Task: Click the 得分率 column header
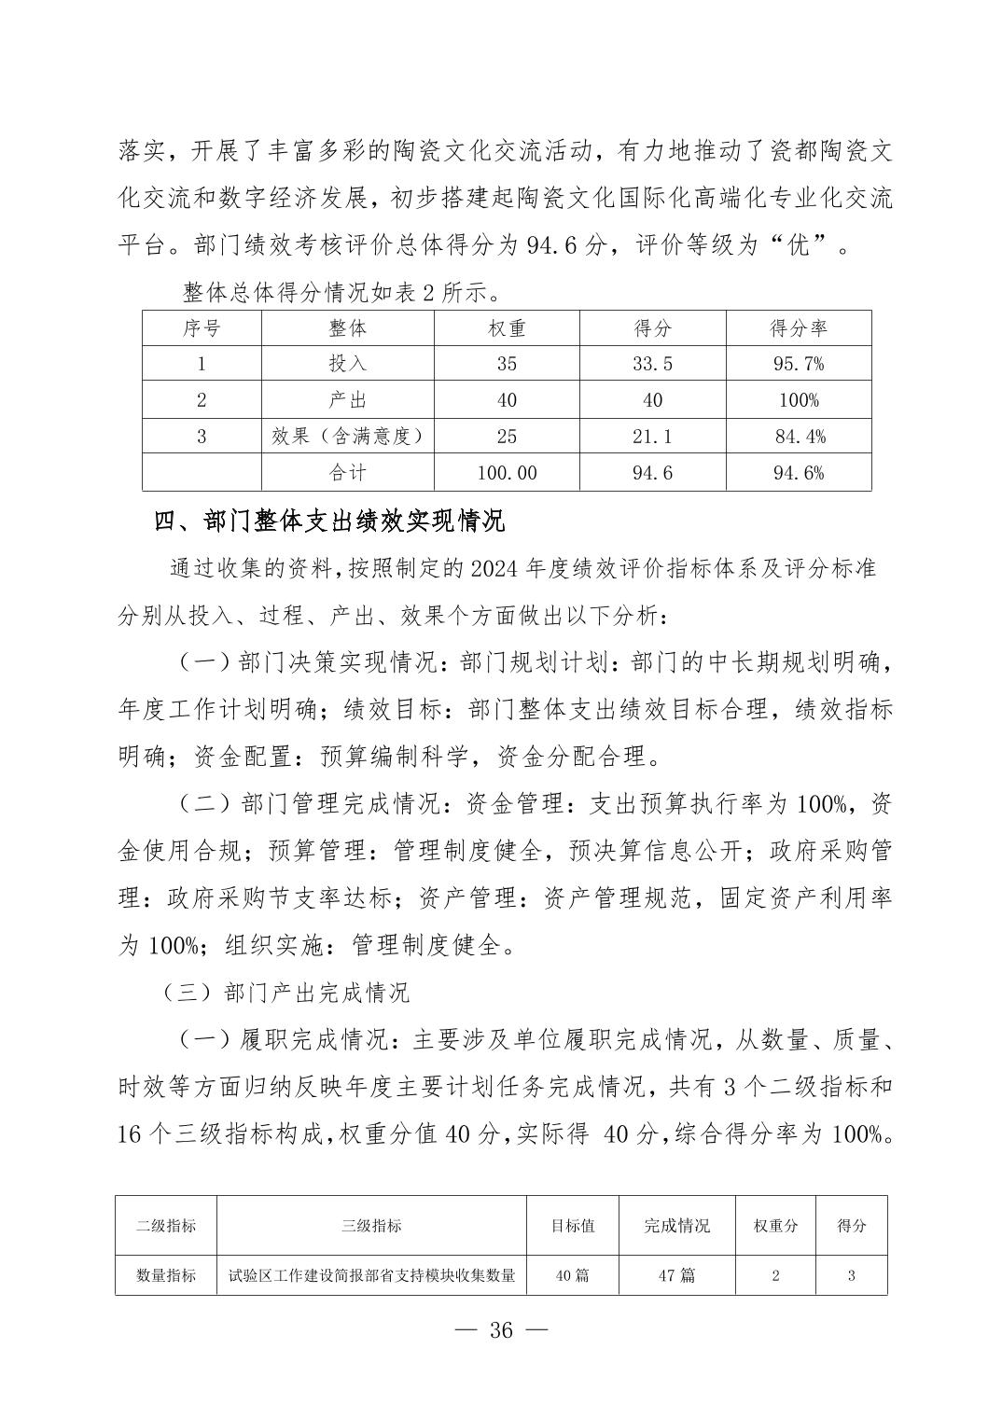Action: tap(799, 328)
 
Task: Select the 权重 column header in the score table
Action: tap(507, 328)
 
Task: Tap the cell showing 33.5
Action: tap(652, 364)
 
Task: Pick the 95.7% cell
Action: tap(799, 364)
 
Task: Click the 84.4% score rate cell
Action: tap(799, 437)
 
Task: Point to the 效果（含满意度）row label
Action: tap(347, 437)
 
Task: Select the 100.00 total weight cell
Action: tap(507, 473)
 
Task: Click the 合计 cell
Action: tap(347, 473)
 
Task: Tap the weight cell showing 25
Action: tap(507, 437)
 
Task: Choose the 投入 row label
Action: tap(347, 364)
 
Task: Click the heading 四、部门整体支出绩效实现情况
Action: tap(329, 521)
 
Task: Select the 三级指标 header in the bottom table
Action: tap(371, 1225)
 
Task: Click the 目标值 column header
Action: tap(573, 1225)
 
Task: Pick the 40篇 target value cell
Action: tap(573, 1275)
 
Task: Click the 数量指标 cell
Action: tap(166, 1275)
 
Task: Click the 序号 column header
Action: tap(202, 328)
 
